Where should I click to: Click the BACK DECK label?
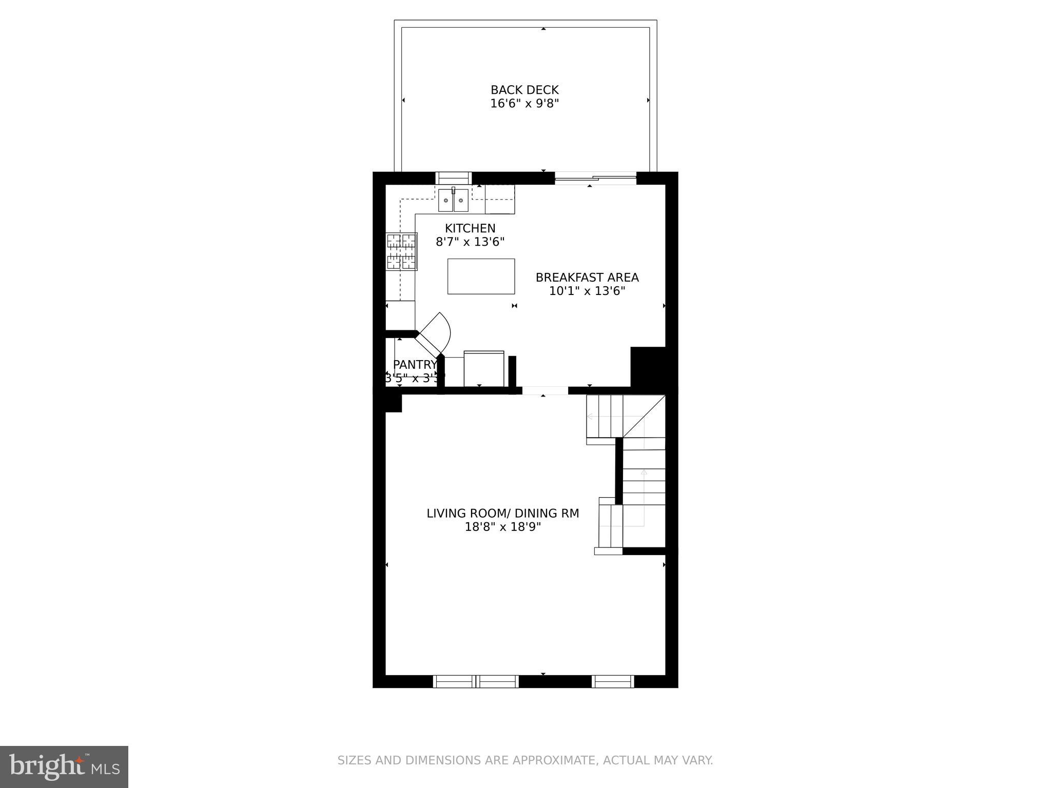524,90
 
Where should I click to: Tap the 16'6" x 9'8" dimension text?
524,104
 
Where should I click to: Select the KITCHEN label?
470,228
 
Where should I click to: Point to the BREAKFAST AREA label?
587,278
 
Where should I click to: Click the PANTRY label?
415,365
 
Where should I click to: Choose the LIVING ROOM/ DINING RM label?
503,514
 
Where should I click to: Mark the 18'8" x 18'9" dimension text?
503,527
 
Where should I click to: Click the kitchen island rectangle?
481,277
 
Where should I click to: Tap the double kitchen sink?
454,200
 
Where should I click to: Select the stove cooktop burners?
401,251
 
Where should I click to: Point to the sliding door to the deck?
595,180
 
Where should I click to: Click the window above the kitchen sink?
453,178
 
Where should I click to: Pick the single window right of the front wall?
613,681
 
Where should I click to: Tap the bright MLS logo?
64,766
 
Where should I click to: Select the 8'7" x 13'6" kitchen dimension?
470,242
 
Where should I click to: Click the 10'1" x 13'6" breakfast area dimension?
587,291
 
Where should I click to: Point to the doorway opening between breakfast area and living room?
545,390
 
